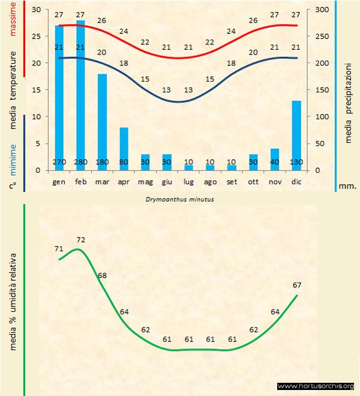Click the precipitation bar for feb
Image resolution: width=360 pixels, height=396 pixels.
[x=80, y=90]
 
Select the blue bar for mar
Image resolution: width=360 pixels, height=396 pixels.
[x=102, y=120]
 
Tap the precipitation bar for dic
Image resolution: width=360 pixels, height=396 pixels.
[x=296, y=132]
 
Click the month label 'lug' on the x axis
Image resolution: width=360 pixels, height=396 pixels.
[x=188, y=181]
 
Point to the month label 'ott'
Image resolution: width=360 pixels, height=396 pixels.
[x=253, y=181]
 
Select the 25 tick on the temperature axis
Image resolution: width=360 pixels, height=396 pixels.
[x=35, y=37]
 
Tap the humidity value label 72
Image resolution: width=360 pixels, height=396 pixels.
[x=81, y=240]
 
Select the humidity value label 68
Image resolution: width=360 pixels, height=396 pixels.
[x=103, y=275]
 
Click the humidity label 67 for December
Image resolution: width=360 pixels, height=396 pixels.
[x=297, y=284]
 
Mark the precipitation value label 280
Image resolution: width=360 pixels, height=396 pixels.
[x=81, y=162]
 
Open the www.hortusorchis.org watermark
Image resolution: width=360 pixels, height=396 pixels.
[x=316, y=386]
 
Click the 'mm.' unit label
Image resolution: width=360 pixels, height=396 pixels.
[x=347, y=186]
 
